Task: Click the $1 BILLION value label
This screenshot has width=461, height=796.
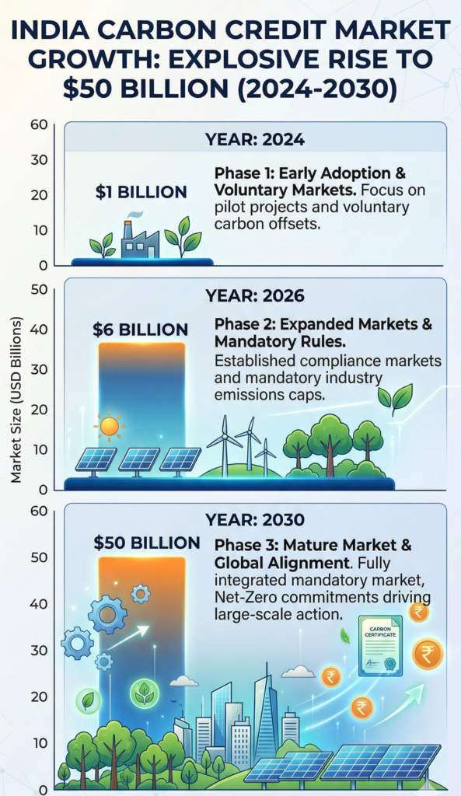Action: pos(141,191)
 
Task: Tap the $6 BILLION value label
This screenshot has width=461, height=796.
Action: pos(140,330)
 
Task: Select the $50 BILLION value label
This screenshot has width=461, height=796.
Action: pos(147,543)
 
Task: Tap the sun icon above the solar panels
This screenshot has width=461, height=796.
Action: pos(109,425)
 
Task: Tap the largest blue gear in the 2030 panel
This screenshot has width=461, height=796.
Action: pos(107,614)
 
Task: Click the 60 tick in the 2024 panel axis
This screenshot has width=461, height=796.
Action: pos(39,124)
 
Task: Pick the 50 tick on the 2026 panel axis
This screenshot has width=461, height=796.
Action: pos(39,289)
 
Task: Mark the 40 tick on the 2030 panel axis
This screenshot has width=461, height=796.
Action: pos(39,603)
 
